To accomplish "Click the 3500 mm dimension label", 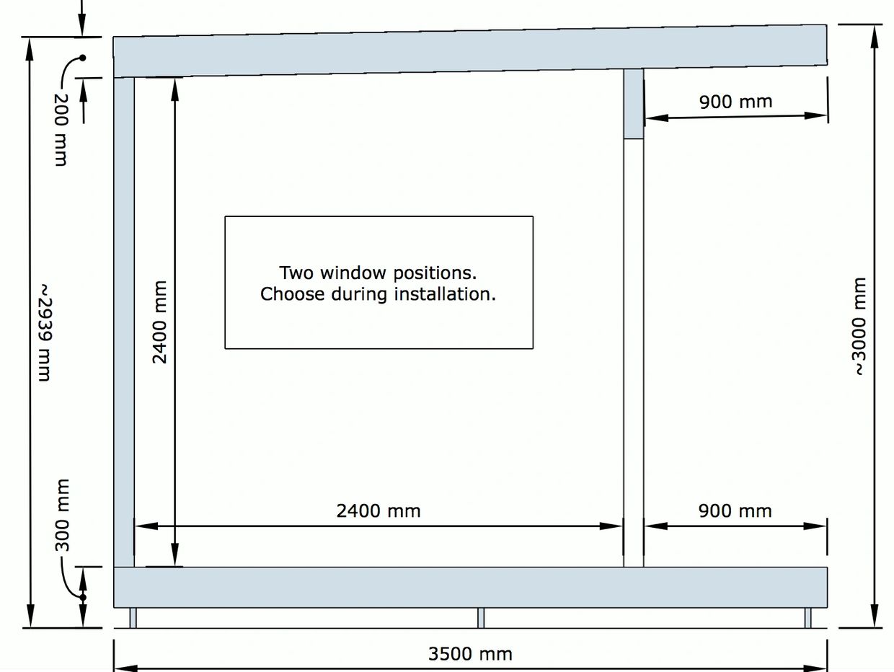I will pyautogui.click(x=470, y=654).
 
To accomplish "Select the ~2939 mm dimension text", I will pyautogui.click(x=45, y=332).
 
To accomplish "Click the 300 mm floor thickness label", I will pyautogui.click(x=63, y=515).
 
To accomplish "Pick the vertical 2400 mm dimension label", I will pyautogui.click(x=159, y=322).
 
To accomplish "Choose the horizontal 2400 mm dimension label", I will pyautogui.click(x=378, y=511).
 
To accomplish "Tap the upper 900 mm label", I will pyautogui.click(x=735, y=102).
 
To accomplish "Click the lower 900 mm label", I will pyautogui.click(x=735, y=511).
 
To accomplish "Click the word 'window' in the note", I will pyautogui.click(x=354, y=273).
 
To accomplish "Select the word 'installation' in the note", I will pyautogui.click(x=454, y=294).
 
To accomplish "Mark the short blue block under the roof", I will pyautogui.click(x=634, y=103).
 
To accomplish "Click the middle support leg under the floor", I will pyautogui.click(x=481, y=618).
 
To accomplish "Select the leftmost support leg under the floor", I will pyautogui.click(x=133, y=618).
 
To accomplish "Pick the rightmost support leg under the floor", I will pyautogui.click(x=807, y=618).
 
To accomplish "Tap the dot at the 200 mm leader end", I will pyautogui.click(x=83, y=58).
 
